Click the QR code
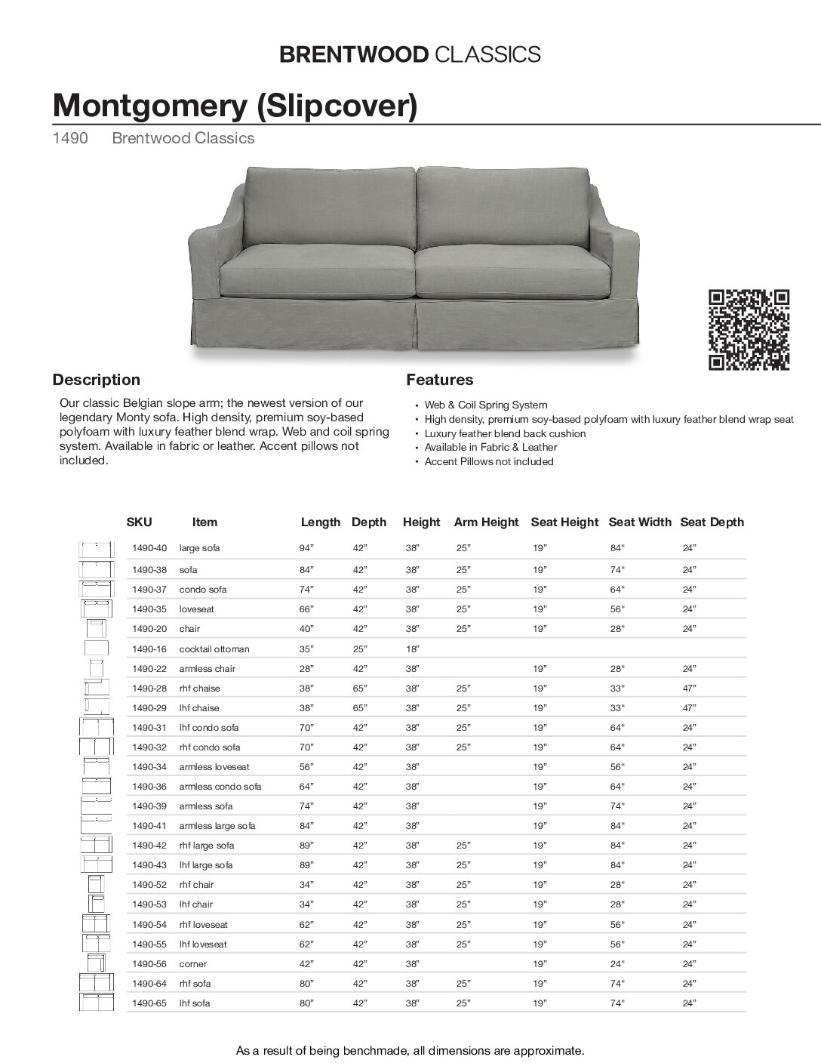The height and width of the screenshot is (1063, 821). [x=749, y=331]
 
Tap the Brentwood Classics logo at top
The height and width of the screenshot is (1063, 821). [x=410, y=54]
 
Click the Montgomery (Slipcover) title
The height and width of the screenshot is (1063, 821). [x=235, y=106]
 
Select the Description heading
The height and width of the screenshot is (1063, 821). [x=96, y=380]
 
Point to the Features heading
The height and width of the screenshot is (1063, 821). [x=440, y=380]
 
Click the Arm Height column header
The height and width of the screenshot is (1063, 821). [x=486, y=522]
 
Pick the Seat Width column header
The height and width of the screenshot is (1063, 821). [x=639, y=522]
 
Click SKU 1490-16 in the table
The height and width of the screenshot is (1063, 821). [x=149, y=649]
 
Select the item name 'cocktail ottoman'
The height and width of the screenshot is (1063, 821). [x=214, y=649]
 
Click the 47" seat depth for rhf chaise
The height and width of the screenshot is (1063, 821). [x=689, y=689]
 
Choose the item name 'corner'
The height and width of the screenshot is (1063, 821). [x=192, y=964]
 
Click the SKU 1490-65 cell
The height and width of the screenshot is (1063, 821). [x=149, y=1003]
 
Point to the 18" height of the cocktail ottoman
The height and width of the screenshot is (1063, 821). [x=412, y=649]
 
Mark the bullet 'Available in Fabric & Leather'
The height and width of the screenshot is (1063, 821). [x=490, y=447]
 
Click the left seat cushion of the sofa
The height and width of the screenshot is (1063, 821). [x=317, y=272]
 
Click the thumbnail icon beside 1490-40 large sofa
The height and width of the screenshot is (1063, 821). [x=96, y=549]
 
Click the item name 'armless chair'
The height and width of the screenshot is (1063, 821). [x=207, y=669]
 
